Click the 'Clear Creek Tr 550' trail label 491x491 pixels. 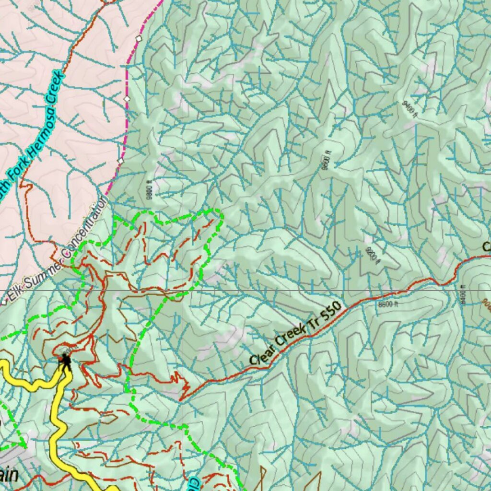[x=295, y=333]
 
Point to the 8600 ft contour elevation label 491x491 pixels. [x=388, y=304]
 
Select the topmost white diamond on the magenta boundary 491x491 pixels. [x=139, y=38]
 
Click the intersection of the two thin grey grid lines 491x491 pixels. [x=182, y=291]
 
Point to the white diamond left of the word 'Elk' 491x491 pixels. [x=4, y=302]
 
